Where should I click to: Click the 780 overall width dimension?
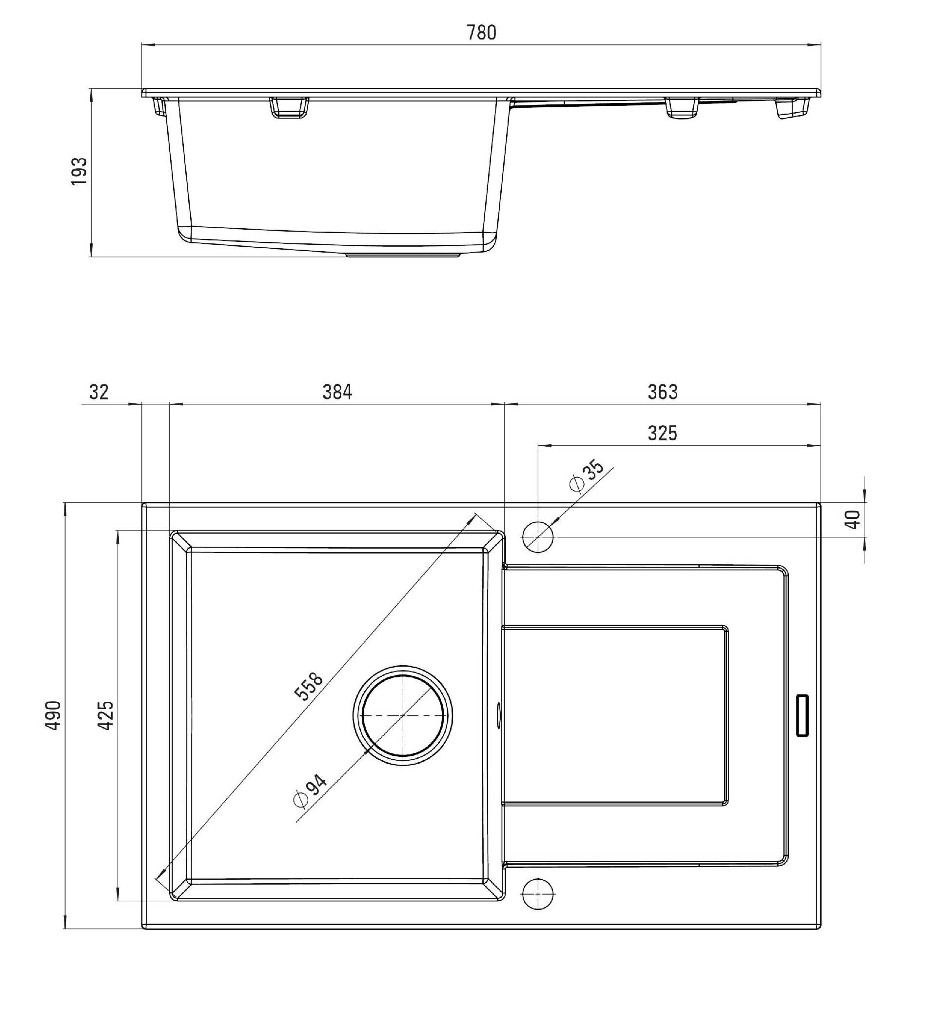coord(481,33)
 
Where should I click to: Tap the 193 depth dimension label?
coord(79,171)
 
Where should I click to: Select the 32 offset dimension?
coord(99,392)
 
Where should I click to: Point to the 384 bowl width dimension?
coord(337,392)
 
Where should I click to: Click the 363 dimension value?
coord(663,392)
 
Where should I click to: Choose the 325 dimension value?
coord(663,433)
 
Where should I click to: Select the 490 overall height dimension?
coord(54,715)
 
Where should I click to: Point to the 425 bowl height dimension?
coord(106,715)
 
